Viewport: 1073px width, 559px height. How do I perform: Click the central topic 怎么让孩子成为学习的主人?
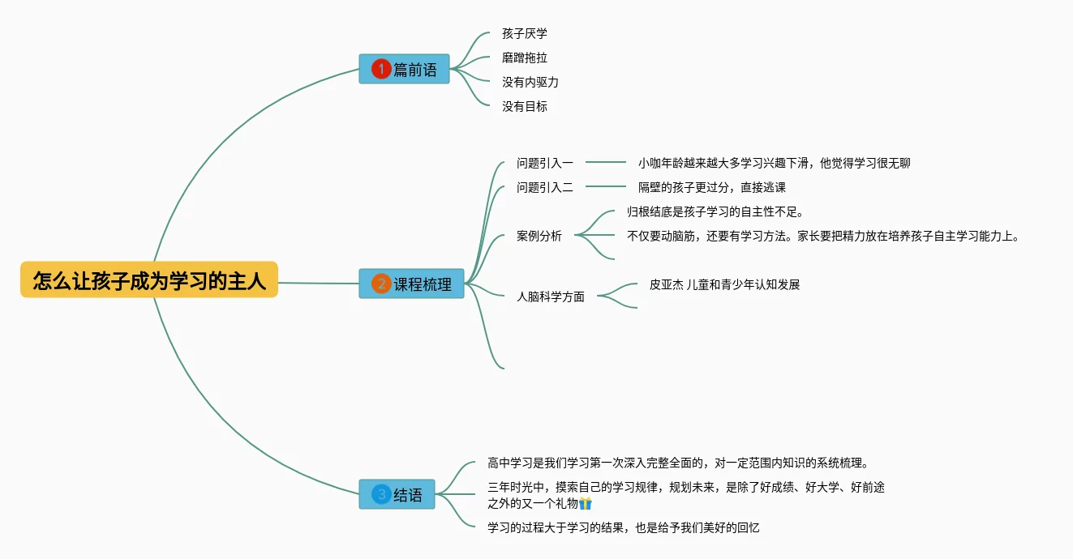pos(149,280)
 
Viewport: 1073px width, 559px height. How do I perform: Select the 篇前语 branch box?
pos(404,70)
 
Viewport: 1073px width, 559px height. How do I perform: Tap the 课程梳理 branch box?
pos(411,284)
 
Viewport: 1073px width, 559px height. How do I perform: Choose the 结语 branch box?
pos(397,494)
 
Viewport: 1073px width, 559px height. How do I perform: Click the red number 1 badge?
pos(381,70)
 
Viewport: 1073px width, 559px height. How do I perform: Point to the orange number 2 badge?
pos(381,284)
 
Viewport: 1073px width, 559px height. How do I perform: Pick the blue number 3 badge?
pos(381,494)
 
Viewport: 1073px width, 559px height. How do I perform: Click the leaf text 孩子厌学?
pos(525,34)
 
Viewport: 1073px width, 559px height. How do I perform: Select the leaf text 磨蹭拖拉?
pos(525,58)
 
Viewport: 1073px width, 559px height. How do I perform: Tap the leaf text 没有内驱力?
pos(530,83)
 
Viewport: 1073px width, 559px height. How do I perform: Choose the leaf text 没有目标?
pos(525,107)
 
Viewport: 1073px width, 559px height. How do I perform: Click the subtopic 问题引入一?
pos(545,164)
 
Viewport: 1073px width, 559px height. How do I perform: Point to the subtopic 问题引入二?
pos(545,188)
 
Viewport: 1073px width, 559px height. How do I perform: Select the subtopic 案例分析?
pos(539,237)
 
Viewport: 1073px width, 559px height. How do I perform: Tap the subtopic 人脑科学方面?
pos(551,297)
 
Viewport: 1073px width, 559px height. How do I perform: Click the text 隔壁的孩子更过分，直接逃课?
pos(712,188)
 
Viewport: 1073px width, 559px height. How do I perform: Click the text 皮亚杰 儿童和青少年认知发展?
pos(725,285)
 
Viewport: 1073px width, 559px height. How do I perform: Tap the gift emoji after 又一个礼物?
pos(586,504)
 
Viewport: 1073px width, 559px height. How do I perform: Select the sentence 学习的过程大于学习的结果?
pos(624,528)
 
